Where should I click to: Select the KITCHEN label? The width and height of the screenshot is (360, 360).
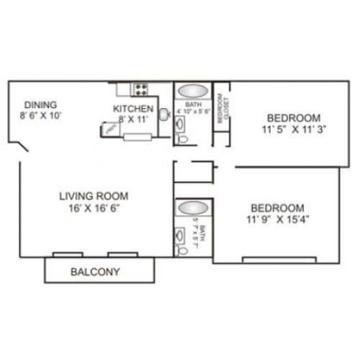point(134,109)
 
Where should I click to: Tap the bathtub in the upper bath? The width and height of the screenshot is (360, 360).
point(191,91)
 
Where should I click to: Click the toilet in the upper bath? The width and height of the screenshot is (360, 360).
point(181,135)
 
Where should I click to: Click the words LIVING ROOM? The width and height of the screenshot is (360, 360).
point(94,196)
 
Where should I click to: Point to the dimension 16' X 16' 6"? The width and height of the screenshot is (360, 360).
point(94,208)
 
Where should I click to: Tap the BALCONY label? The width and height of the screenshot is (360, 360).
point(95,272)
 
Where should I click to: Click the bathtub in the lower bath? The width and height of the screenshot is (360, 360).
point(191,209)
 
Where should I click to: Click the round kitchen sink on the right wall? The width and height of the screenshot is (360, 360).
point(165,113)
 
